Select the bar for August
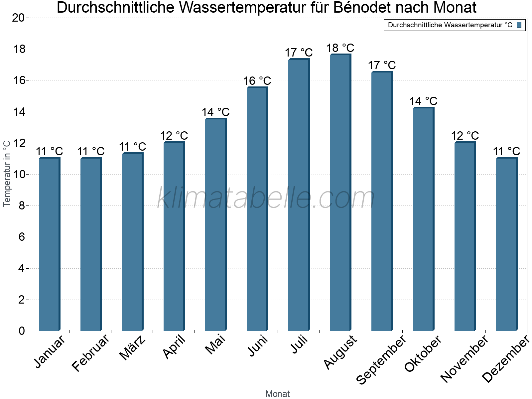point(340,193)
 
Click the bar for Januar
point(49,244)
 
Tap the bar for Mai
point(215,225)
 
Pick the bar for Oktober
point(423,219)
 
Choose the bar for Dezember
point(506,244)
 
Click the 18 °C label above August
point(340,48)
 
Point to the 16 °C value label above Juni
point(257,81)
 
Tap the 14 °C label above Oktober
point(423,101)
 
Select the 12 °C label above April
point(174,136)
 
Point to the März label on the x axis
point(133,348)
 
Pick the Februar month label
point(90,353)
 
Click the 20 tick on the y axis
point(18,18)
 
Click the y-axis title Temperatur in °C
point(7,174)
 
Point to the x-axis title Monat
point(277,394)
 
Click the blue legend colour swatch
point(519,25)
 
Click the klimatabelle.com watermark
point(266,198)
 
